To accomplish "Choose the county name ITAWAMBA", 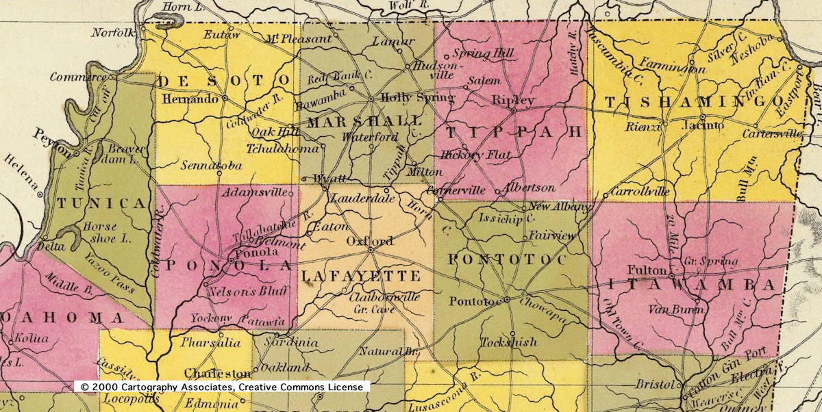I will [x=692, y=284].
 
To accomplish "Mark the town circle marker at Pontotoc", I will [x=507, y=300].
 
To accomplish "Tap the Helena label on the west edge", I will [x=21, y=179].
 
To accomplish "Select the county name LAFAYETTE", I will [x=360, y=276].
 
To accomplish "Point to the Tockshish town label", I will [x=508, y=342].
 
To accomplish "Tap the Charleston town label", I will [x=218, y=373].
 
